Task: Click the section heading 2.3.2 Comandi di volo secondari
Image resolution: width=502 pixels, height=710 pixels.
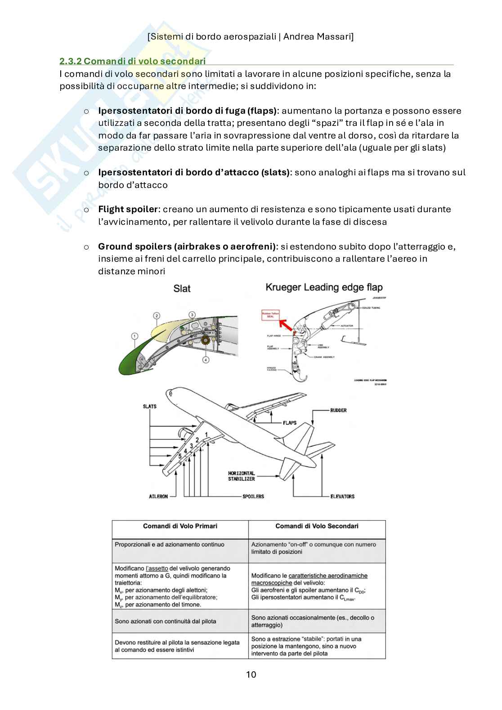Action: tap(133, 61)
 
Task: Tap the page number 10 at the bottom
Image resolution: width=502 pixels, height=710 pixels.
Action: tap(251, 674)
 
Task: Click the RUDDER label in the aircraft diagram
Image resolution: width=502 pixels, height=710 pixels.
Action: tap(338, 410)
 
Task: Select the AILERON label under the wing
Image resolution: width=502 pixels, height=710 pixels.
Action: tap(158, 496)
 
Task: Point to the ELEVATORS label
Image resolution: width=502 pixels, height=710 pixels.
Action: tap(342, 496)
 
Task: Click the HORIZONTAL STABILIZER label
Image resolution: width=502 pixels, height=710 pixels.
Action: tap(242, 476)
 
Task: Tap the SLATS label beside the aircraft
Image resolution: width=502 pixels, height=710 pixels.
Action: tap(149, 406)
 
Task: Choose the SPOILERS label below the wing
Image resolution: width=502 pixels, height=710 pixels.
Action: tap(253, 496)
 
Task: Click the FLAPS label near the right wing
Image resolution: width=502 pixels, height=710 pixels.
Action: tap(290, 423)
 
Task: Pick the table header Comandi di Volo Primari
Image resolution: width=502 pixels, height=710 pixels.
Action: tap(180, 526)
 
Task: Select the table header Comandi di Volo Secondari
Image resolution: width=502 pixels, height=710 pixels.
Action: tap(317, 526)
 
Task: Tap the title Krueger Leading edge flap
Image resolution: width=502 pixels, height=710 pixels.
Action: tap(324, 287)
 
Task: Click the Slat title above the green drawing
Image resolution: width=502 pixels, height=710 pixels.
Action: tap(182, 288)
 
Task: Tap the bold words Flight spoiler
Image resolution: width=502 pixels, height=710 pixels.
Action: tap(128, 209)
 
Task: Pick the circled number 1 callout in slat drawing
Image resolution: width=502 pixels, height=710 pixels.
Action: tap(134, 335)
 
